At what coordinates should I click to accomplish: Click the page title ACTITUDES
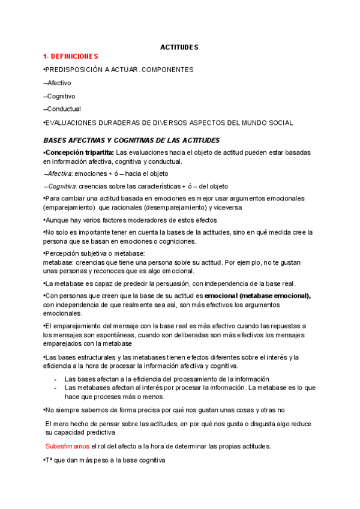179,47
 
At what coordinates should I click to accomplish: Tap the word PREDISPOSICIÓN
74,70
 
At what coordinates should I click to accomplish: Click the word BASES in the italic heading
56,140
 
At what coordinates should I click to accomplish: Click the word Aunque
58,220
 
